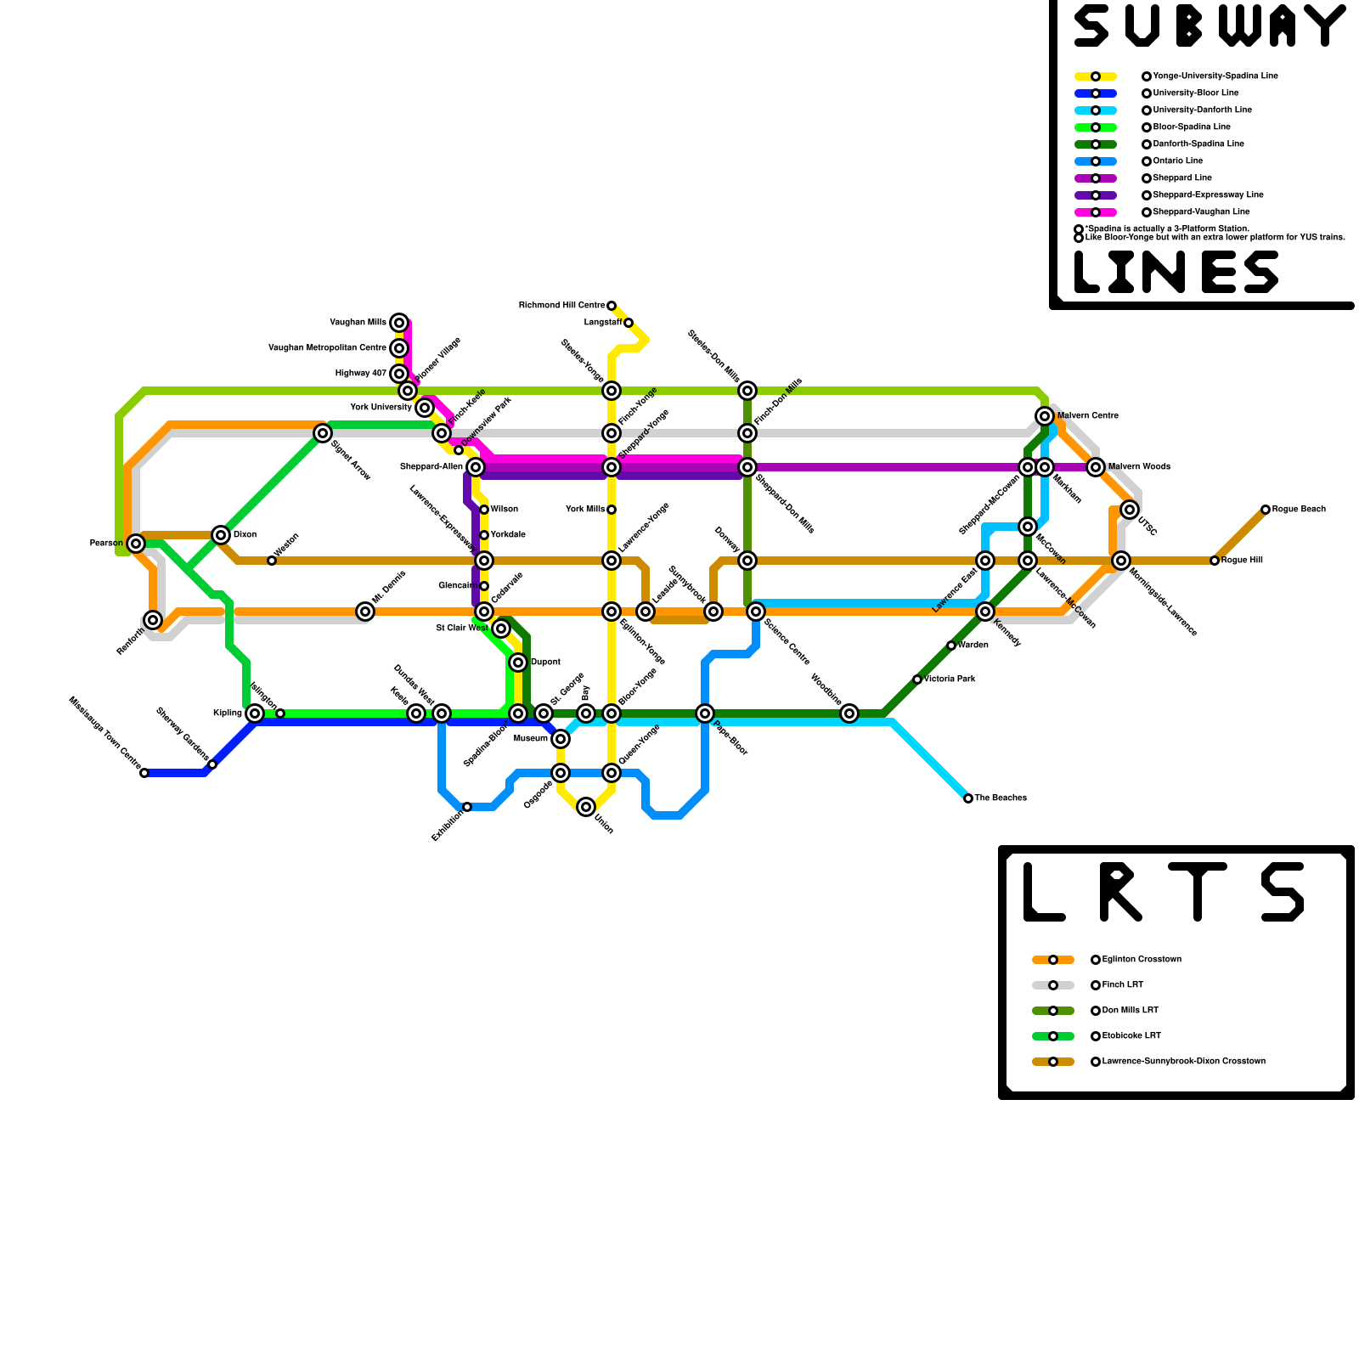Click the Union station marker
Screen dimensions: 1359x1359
pos(586,807)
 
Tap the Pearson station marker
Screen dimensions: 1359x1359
pos(136,544)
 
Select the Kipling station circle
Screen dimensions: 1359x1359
pos(255,713)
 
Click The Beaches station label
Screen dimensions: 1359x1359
pos(1001,798)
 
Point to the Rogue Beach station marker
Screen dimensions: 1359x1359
pos(1266,510)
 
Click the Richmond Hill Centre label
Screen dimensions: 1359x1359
pos(561,306)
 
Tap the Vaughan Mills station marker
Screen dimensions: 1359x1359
pos(399,323)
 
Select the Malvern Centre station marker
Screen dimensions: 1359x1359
pos(1045,415)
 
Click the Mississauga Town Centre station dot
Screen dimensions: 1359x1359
pos(144,773)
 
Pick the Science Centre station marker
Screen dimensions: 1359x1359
pos(756,612)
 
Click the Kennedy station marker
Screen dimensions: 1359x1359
pos(985,612)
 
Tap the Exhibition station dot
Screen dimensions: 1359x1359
pos(467,807)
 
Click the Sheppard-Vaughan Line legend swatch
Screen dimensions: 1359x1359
pos(1096,212)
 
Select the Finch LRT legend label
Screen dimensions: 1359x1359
pos(1123,985)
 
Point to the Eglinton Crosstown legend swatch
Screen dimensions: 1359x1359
pos(1053,960)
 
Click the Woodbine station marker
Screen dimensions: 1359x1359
pos(849,713)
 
